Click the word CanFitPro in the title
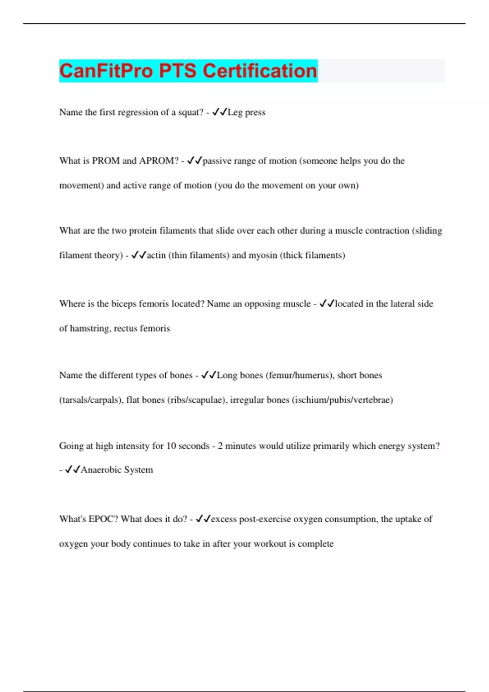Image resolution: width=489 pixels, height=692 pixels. tap(106, 71)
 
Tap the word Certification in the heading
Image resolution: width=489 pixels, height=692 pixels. tap(260, 71)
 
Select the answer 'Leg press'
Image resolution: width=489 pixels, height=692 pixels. tap(247, 112)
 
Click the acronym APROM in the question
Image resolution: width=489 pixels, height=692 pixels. tap(159, 161)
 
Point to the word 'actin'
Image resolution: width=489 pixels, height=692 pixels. tap(156, 255)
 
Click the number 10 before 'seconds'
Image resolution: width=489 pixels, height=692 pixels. tap(171, 446)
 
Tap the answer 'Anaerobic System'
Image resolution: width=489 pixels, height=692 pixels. tap(117, 470)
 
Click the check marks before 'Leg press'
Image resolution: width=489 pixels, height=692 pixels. tap(220, 112)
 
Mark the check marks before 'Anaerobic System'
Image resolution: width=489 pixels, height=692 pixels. tap(73, 469)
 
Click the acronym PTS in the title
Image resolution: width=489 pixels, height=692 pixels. tap(177, 71)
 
